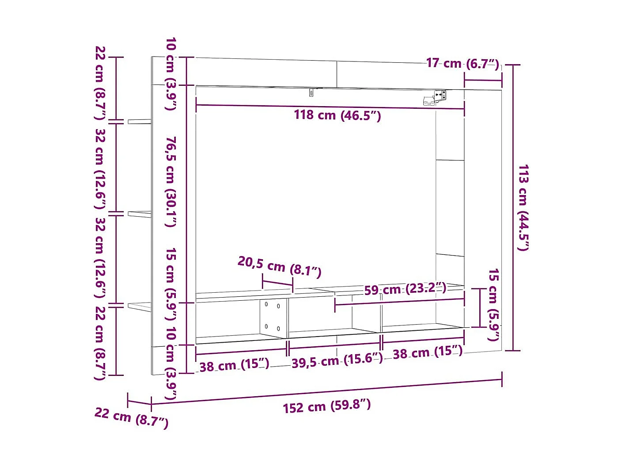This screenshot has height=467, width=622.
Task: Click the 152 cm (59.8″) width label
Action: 327,406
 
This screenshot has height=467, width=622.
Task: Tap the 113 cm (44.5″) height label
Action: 523,207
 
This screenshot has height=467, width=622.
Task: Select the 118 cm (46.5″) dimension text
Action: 337,115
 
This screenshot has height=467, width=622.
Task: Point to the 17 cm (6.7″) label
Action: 463,63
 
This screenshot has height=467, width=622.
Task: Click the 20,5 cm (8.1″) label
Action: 279,267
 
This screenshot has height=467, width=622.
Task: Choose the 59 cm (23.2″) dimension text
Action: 405,289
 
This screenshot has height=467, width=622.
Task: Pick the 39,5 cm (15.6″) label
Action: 337,360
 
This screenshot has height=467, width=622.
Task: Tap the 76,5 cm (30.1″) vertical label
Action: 171,181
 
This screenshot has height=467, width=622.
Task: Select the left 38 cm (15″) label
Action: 234,365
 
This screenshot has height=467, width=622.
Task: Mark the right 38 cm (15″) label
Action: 427,352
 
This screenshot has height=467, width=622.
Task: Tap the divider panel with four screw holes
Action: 273,318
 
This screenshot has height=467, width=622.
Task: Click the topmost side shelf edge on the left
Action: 139,121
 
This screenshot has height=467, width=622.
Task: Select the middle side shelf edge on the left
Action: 139,214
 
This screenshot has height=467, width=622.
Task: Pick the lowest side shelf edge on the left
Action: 139,306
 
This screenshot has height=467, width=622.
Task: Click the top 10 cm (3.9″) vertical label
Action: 171,73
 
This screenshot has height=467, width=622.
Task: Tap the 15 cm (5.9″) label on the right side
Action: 493,305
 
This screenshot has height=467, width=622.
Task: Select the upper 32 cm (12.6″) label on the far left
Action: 100,169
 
